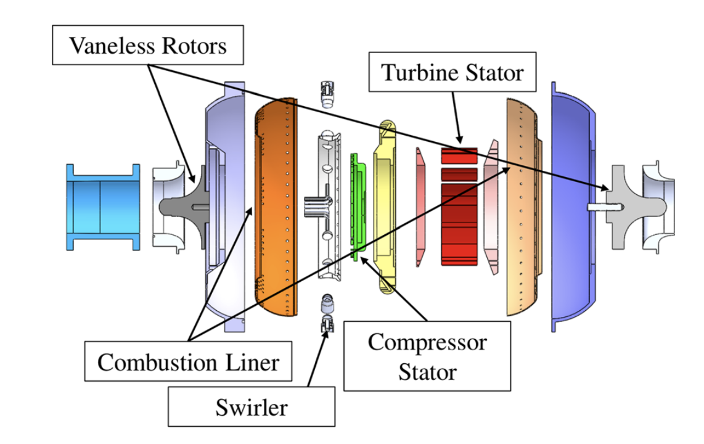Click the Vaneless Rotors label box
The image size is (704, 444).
coord(148,46)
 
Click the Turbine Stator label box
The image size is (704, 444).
coord(452,73)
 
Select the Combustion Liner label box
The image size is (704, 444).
coord(188,362)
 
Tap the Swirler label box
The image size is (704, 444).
coord(252,407)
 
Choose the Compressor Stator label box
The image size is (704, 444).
coord(427,356)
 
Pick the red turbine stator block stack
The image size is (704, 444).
coord(460,210)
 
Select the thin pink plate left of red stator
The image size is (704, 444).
coord(421,203)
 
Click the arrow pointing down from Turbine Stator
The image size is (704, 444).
coord(457,117)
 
